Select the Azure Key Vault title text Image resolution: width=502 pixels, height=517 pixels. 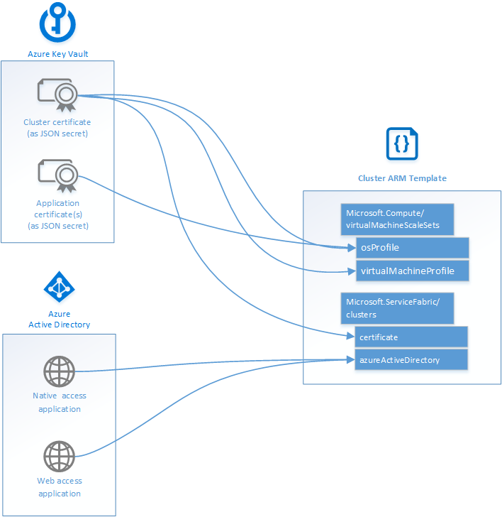pos(57,54)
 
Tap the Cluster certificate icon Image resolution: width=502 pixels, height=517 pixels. pos(57,95)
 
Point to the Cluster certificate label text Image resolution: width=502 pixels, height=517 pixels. pos(57,128)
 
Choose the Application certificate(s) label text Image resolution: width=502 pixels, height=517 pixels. pos(57,214)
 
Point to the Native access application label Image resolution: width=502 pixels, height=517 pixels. pos(60,402)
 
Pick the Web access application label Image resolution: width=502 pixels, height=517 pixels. pos(60,487)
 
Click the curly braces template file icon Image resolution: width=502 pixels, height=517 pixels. pos(401,144)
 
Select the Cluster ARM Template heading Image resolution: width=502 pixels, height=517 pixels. pos(402,178)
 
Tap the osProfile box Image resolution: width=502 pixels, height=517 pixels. pos(412,248)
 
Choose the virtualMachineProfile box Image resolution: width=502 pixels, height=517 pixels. pos(412,271)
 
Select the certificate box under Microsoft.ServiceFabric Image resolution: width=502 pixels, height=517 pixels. pos(411,337)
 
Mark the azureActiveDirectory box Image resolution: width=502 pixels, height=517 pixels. pos(411,359)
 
